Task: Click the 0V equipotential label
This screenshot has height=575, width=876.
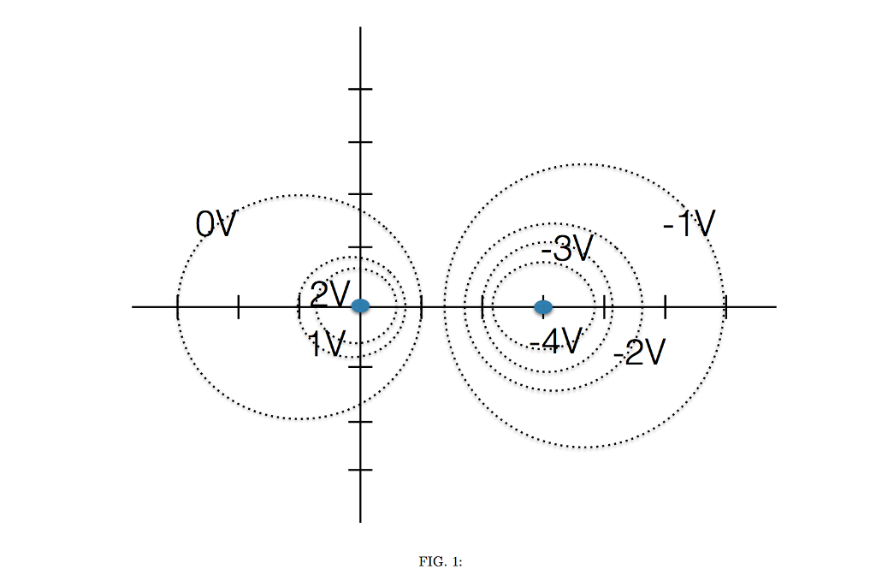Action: pos(216,225)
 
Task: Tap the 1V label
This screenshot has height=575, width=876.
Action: pos(326,344)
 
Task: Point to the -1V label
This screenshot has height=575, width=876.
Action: pos(690,225)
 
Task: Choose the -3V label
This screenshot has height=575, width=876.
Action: pos(567,250)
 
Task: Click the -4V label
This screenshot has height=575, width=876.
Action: pos(556,342)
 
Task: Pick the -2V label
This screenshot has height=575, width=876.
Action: pos(639,352)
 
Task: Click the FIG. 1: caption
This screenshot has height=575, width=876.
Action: pos(441,561)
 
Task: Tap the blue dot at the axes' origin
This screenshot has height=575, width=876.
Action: pos(360,305)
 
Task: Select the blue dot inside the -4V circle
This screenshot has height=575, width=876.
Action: pos(543,306)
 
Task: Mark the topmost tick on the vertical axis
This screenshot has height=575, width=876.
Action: pos(360,89)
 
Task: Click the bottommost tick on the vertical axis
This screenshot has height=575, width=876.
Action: pos(360,470)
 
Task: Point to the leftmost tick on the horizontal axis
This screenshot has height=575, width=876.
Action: pos(177,306)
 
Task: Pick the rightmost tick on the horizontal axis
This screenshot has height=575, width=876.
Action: pos(725,306)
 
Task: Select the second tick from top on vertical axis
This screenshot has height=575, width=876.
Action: pos(360,141)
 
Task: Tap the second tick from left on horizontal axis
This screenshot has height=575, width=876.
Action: pos(238,306)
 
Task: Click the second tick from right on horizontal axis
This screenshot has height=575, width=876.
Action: pos(665,306)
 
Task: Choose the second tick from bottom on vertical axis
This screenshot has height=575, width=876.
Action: pos(360,422)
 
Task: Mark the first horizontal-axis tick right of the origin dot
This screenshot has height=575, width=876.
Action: pos(422,306)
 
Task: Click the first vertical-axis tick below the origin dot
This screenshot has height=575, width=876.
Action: pos(360,366)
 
